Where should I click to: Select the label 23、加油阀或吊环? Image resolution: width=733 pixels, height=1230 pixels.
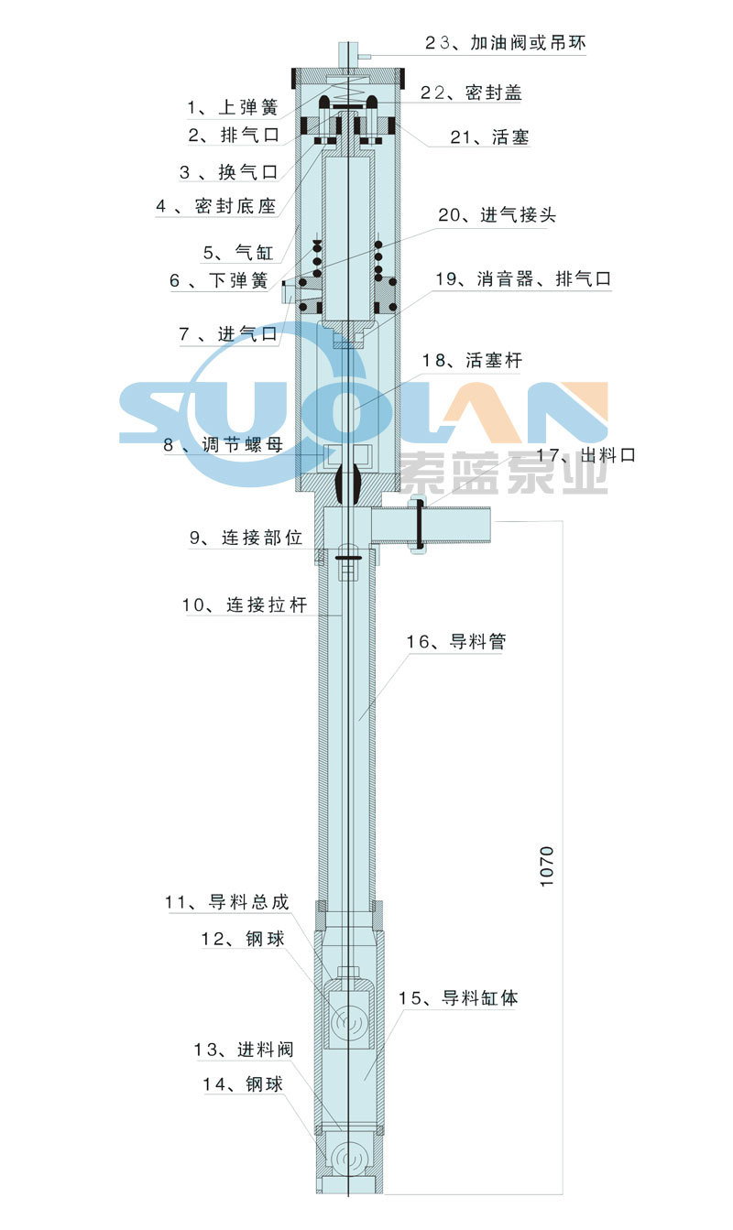503,42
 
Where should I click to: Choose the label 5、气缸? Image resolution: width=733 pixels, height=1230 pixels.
231,252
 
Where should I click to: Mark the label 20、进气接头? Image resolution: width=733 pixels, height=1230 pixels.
496,215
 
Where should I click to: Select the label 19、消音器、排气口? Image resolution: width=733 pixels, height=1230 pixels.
522,279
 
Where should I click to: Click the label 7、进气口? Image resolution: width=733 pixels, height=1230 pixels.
228,334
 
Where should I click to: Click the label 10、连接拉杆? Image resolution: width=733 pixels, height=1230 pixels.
244,604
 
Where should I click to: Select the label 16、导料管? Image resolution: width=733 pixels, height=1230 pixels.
455,641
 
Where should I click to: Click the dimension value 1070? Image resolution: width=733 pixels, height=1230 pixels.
547,865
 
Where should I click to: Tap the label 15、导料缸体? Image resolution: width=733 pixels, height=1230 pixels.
458,997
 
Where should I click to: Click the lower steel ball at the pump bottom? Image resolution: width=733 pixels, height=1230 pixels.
349,1159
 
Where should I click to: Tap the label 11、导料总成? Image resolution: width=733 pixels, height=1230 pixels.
227,902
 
